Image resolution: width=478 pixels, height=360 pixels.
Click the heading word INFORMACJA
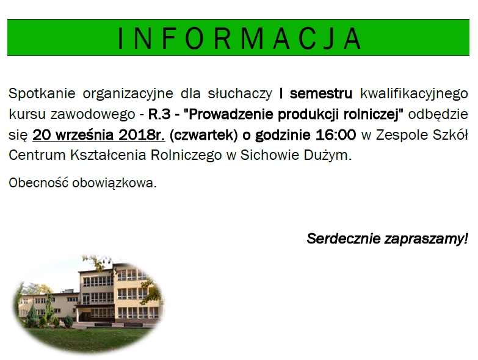point(239,38)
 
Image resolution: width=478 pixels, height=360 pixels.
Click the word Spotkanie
point(42,93)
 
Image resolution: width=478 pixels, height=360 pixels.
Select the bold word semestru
point(320,93)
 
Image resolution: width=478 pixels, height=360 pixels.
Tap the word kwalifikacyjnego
point(414,93)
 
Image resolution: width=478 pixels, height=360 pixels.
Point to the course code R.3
point(159,114)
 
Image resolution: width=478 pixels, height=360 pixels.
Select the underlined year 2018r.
point(142,135)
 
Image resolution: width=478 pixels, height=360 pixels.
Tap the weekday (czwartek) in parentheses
point(203,135)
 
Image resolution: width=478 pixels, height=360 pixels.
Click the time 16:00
point(336,135)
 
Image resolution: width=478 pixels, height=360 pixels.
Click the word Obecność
point(38,182)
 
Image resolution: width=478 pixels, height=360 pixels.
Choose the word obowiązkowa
point(114,183)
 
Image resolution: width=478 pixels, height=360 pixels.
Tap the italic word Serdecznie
point(344,239)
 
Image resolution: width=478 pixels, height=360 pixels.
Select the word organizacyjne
point(128,93)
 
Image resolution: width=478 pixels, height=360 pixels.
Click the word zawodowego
point(93,115)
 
